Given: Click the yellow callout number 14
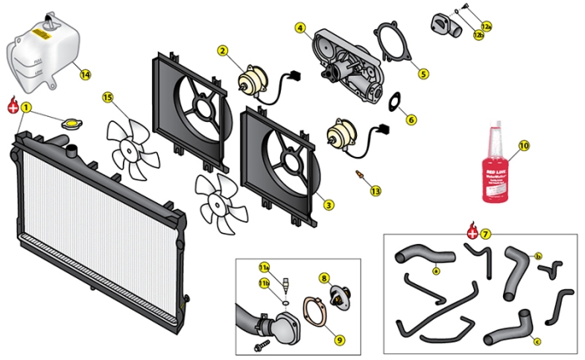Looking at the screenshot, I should (x=85, y=74).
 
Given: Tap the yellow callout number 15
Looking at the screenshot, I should (x=108, y=98).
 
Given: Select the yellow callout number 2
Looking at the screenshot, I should (x=223, y=51).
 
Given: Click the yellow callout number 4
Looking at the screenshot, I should (x=300, y=28).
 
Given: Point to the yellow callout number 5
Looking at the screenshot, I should (x=423, y=74).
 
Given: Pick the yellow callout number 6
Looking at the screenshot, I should (x=411, y=119).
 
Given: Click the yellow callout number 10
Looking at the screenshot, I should (x=524, y=145).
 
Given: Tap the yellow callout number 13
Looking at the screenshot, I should (x=375, y=191).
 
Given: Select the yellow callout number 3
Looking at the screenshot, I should (x=328, y=205).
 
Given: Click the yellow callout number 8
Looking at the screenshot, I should (x=324, y=278).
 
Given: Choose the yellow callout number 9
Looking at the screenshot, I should (x=338, y=339).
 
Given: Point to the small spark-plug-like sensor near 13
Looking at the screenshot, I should (x=361, y=177).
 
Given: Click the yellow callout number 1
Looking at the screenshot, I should (x=27, y=107).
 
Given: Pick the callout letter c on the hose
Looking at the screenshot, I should (x=537, y=340).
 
